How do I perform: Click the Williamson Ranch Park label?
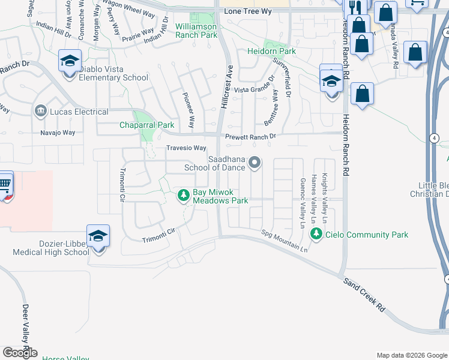pyautogui.click(x=196, y=31)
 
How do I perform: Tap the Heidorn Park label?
pyautogui.click(x=271, y=52)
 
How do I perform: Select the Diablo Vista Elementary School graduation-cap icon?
pyautogui.click(x=70, y=62)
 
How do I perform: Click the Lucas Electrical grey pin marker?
pyautogui.click(x=41, y=111)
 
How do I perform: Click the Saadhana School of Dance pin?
pyautogui.click(x=255, y=163)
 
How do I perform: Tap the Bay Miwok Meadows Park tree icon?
pyautogui.click(x=183, y=195)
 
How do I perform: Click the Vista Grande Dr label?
pyautogui.click(x=258, y=90)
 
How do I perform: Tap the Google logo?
pyautogui.click(x=20, y=353)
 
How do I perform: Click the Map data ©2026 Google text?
pyautogui.click(x=411, y=355)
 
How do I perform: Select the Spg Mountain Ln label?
pyautogui.click(x=284, y=240)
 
